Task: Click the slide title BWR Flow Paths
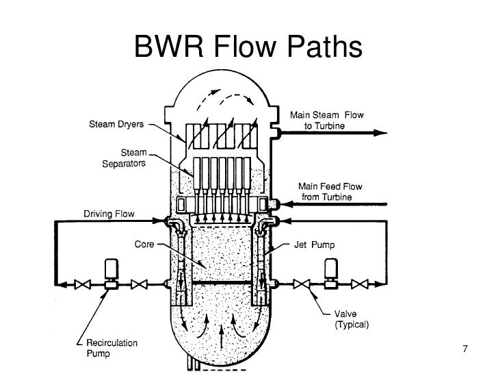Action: coord(247,47)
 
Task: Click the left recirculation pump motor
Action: coord(110,269)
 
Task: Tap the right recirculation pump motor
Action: coord(332,269)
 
